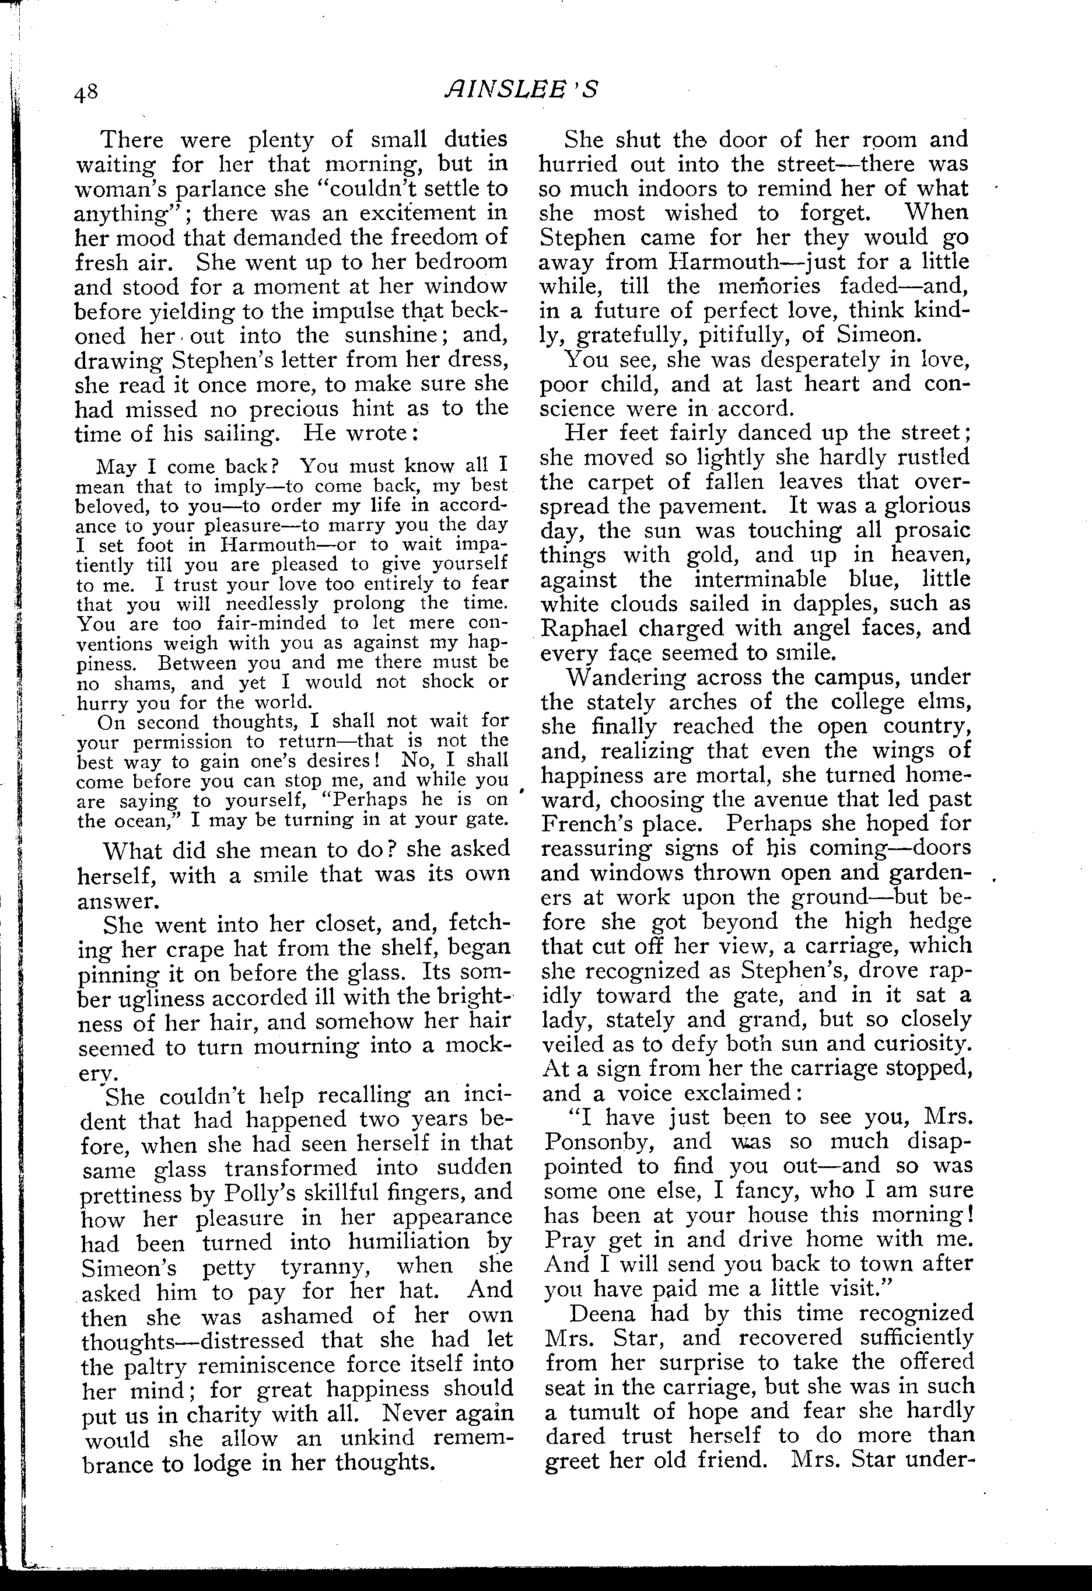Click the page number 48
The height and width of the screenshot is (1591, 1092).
click(87, 91)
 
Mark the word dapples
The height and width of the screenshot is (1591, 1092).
click(837, 603)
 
